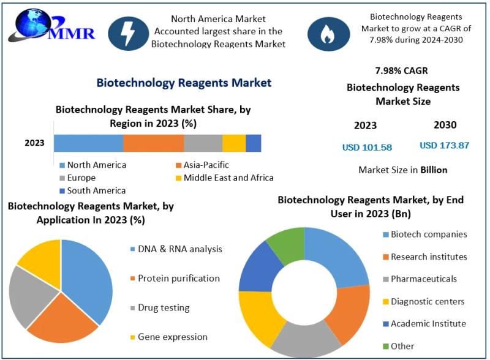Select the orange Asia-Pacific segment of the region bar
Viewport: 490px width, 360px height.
pyautogui.click(x=153, y=143)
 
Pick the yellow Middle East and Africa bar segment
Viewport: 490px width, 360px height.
pyautogui.click(x=233, y=143)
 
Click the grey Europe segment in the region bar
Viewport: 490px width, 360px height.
pyautogui.click(x=203, y=143)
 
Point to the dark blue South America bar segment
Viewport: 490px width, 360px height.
pyautogui.click(x=253, y=143)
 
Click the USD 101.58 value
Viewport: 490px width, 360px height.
pyautogui.click(x=367, y=147)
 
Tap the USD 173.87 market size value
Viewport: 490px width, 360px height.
pyautogui.click(x=444, y=146)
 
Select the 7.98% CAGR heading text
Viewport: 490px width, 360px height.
pyautogui.click(x=401, y=70)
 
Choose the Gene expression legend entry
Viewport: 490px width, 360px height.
pyautogui.click(x=172, y=337)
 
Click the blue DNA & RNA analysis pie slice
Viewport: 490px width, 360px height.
pyautogui.click(x=89, y=276)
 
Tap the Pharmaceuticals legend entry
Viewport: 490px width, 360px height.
pyautogui.click(x=423, y=279)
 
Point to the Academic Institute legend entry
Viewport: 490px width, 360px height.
pyautogui.click(x=428, y=324)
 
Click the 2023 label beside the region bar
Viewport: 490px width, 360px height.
pyautogui.click(x=34, y=143)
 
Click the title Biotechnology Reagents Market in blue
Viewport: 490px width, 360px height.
pyautogui.click(x=184, y=83)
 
